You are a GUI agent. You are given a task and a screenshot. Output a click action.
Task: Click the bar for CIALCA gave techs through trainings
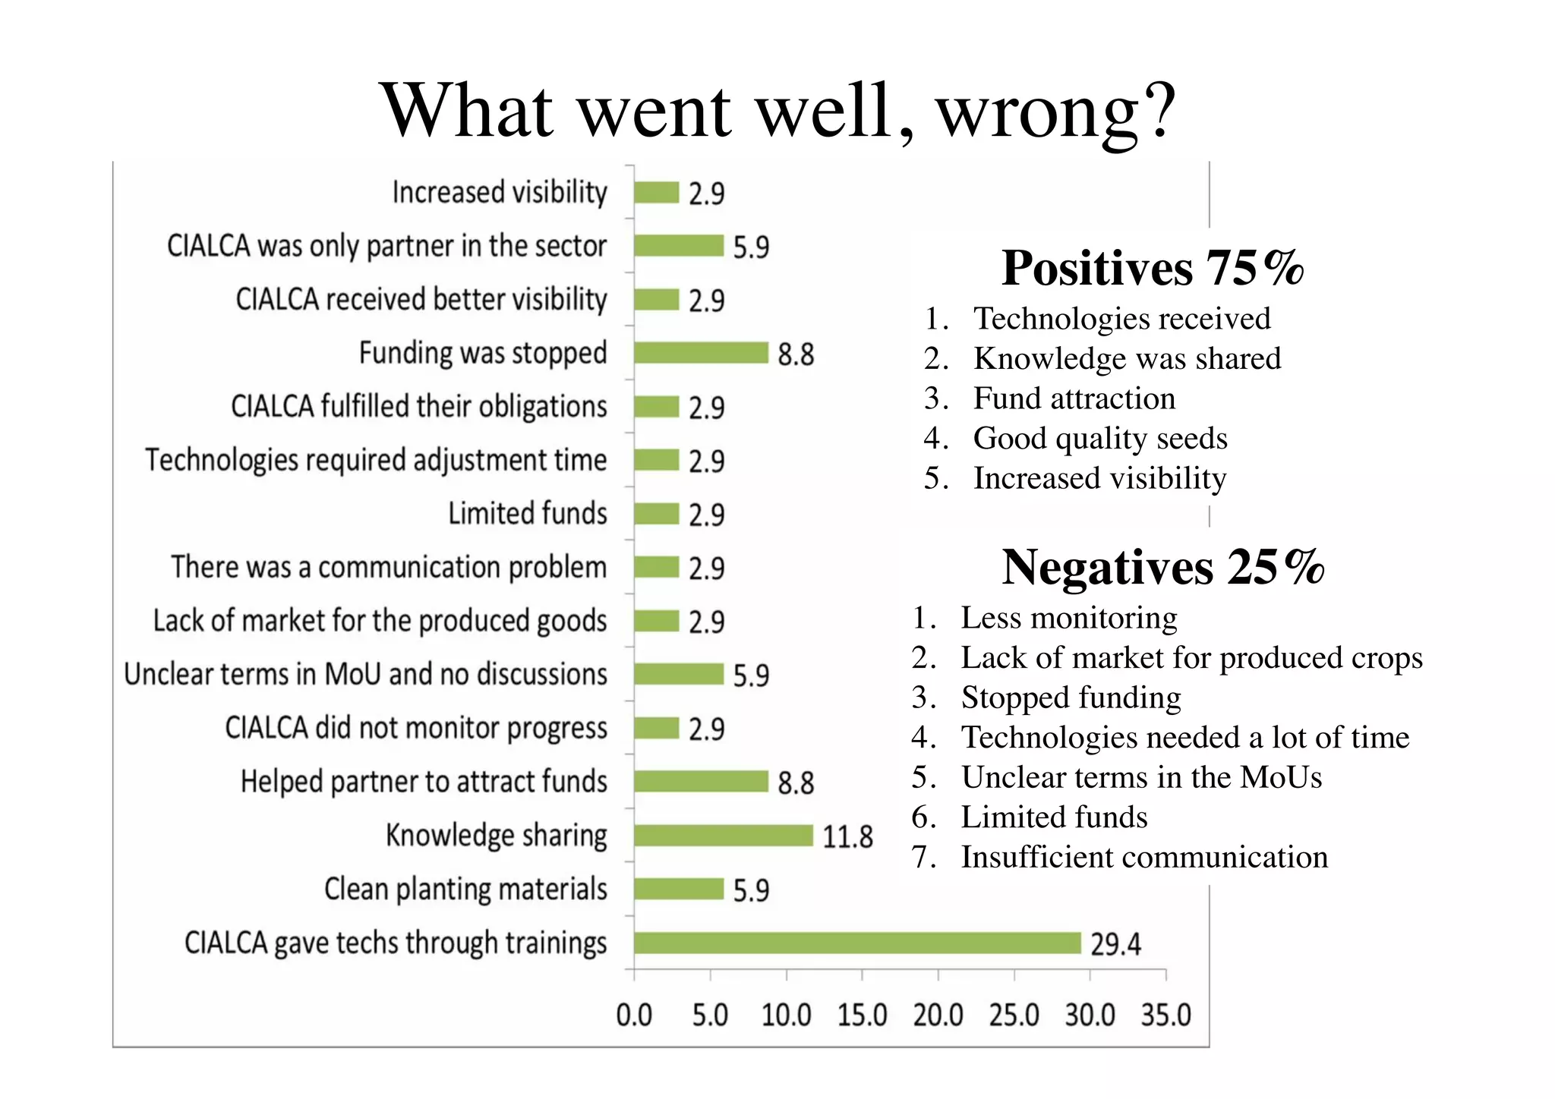(x=856, y=943)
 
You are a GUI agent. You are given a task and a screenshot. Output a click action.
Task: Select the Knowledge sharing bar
(x=723, y=836)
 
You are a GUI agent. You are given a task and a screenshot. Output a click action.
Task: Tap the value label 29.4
(x=1115, y=944)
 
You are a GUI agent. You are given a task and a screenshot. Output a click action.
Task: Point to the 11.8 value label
(x=847, y=837)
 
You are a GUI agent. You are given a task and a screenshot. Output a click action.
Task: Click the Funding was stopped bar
(x=701, y=353)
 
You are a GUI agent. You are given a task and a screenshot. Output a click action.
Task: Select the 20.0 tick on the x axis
(x=938, y=1015)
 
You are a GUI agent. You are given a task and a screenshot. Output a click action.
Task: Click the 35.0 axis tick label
(x=1165, y=1015)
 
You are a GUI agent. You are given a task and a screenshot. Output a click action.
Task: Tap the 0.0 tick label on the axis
(x=634, y=1015)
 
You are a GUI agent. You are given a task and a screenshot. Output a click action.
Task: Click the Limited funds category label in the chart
(x=527, y=514)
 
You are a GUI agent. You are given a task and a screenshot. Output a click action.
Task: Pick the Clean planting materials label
(x=465, y=889)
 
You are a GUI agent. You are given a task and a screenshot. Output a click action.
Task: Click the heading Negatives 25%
(x=1162, y=567)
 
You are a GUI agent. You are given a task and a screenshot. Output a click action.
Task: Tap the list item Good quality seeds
(x=1099, y=438)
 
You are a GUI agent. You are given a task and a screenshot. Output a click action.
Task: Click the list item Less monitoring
(x=1068, y=618)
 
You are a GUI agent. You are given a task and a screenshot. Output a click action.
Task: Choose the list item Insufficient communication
(x=1144, y=857)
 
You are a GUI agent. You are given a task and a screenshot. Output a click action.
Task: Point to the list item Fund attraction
(x=1074, y=398)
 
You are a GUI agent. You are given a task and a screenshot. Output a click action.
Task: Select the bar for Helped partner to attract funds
(x=701, y=782)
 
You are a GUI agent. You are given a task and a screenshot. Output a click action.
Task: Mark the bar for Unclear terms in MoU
(x=678, y=674)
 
